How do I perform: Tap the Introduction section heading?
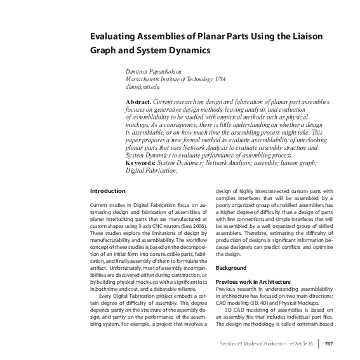[x=107, y=191]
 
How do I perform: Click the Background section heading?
[x=231, y=269]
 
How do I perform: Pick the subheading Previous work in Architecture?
[x=253, y=281]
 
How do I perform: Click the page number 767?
[x=329, y=345]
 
